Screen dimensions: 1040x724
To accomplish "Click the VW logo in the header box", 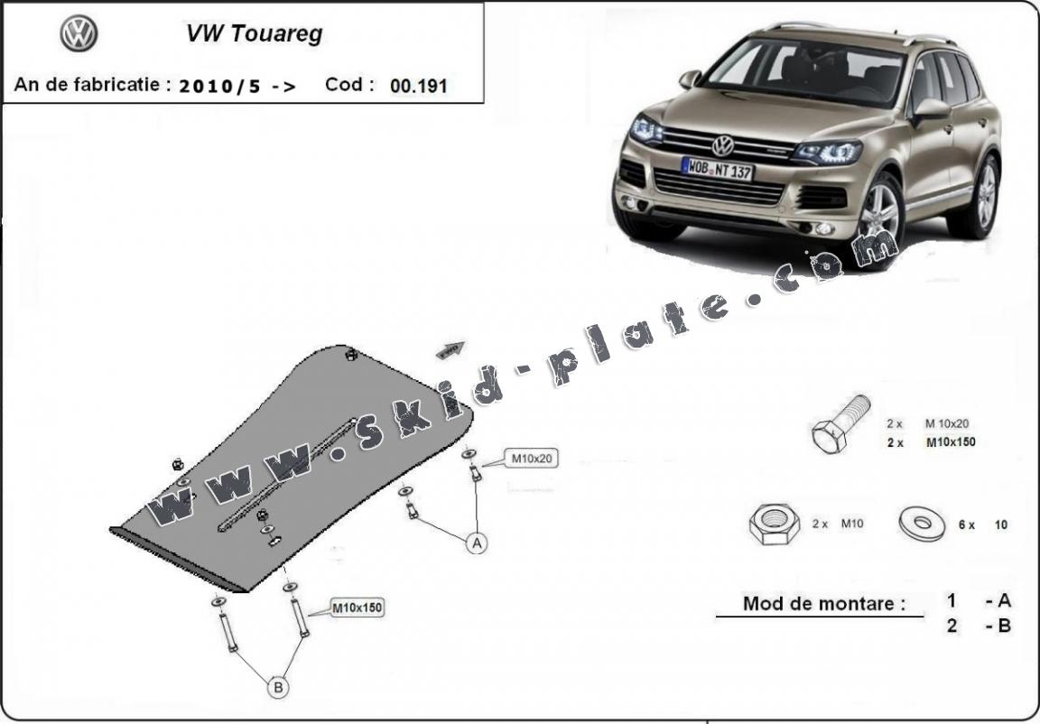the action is point(79,33).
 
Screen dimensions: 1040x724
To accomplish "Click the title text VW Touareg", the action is point(254,33).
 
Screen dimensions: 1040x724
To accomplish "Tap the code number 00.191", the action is point(419,86).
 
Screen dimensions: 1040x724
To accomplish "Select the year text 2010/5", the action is point(219,86).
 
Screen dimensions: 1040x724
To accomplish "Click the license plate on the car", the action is point(717,168).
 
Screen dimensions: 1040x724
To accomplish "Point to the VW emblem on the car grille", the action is point(723,146).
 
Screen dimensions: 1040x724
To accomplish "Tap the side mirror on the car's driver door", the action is point(931,110).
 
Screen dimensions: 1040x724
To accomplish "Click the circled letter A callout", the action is point(477,543).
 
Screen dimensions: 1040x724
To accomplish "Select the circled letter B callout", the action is point(278,687).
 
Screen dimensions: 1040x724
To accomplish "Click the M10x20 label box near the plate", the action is point(531,458).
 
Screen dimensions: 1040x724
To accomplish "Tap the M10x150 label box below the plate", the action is point(357,608).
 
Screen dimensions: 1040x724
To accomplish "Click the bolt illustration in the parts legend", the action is point(840,423).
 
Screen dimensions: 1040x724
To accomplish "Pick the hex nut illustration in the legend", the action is point(774,524).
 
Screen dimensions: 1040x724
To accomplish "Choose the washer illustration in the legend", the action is point(922,524).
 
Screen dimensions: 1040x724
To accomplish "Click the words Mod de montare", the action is point(823,604).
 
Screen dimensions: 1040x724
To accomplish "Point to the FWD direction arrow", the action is point(451,349).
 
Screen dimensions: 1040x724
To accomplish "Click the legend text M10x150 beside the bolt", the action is point(951,442).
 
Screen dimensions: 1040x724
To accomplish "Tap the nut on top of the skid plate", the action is point(351,355).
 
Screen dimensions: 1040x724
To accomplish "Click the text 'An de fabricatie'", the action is point(92,85).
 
